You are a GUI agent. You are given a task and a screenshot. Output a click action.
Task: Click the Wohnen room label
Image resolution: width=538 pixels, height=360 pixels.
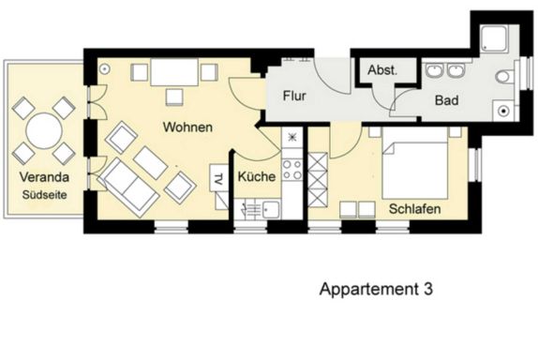[187, 127]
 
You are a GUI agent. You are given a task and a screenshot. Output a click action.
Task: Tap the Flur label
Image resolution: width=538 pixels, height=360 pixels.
[294, 96]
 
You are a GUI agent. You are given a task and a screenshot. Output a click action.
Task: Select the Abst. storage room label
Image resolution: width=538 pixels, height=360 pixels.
[382, 70]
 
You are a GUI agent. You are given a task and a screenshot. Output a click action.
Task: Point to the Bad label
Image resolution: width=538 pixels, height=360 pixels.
[446, 100]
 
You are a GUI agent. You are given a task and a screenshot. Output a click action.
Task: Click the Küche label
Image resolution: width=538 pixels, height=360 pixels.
[257, 176]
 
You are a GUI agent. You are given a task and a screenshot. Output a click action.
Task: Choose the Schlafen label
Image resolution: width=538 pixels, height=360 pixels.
[415, 209]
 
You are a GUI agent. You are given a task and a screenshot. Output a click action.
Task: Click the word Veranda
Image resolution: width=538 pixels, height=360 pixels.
[44, 177]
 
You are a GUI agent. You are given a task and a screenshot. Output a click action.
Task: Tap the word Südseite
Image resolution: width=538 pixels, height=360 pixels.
[45, 195]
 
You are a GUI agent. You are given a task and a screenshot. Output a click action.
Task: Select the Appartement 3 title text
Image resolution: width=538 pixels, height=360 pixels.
[376, 289]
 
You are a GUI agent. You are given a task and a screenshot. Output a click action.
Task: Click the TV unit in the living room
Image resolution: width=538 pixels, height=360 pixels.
[218, 176]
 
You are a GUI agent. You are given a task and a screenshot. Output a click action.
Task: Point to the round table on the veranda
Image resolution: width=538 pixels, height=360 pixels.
[44, 130]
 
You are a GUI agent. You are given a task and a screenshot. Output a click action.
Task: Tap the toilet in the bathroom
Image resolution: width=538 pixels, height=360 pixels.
[504, 77]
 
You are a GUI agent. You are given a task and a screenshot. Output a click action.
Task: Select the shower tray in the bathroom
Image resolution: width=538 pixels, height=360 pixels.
[494, 38]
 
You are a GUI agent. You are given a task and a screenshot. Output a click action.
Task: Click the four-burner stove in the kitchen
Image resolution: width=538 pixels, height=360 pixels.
[292, 170]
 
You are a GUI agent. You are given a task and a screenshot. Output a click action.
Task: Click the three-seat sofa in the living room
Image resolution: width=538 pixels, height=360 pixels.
[128, 187]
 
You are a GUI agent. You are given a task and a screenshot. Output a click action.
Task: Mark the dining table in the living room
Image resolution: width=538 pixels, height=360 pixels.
[174, 72]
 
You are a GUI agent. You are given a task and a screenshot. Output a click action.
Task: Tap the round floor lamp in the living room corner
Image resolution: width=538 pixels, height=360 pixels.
[105, 69]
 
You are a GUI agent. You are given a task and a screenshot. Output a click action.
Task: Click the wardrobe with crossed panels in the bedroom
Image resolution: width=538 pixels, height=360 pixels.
[318, 180]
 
